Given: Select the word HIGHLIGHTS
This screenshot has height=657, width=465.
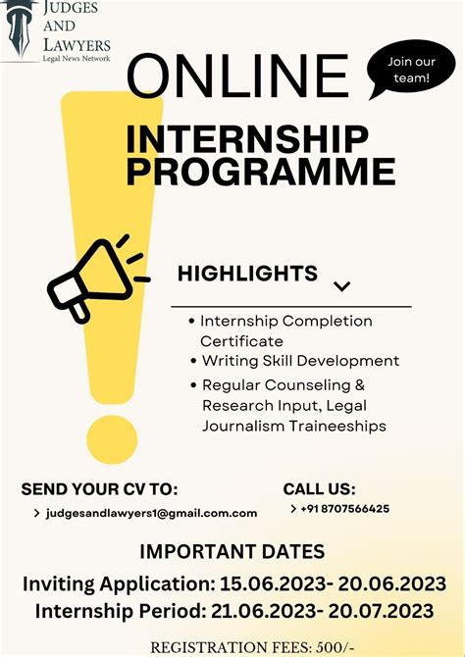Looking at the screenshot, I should (247, 274).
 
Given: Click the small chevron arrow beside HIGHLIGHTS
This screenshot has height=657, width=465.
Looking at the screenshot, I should (341, 286).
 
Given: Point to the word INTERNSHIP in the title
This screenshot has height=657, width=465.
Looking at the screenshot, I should (247, 139).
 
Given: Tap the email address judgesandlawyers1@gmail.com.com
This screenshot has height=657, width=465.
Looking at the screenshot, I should (151, 513).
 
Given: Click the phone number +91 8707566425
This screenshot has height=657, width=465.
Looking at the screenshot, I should (345, 509).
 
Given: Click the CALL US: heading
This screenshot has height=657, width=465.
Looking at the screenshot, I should (319, 489).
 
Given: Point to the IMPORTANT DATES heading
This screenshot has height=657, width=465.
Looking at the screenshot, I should (232, 551).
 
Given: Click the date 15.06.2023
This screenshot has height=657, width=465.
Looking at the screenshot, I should (279, 584).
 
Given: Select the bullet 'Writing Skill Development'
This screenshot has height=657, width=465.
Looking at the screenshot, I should (299, 361).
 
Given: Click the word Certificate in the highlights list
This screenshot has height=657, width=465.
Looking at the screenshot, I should (241, 340).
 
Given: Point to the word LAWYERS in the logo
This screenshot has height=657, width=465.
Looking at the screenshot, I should (77, 44).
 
